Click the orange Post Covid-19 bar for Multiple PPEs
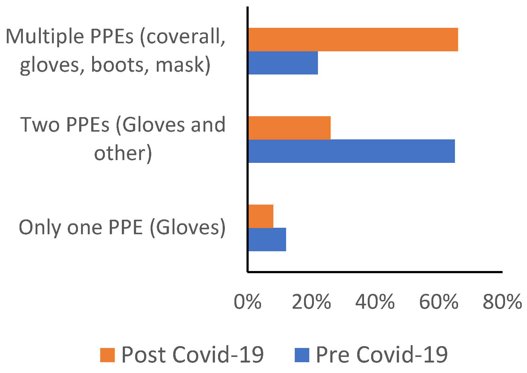(353, 40)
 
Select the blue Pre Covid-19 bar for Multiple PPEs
(283, 63)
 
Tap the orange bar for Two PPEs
(289, 128)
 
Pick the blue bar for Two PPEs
(351, 151)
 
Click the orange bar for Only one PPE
(261, 216)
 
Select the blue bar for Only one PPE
(267, 239)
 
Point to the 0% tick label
(247, 302)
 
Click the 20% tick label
(311, 302)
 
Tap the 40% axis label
(375, 302)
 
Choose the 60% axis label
(439, 302)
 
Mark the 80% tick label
(502, 302)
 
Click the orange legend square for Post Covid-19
(107, 355)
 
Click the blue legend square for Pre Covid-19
(302, 355)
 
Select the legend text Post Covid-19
(192, 354)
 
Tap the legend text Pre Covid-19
(382, 354)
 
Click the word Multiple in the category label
(45, 36)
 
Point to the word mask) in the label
(183, 65)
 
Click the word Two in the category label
(40, 125)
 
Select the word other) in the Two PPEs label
(123, 153)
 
